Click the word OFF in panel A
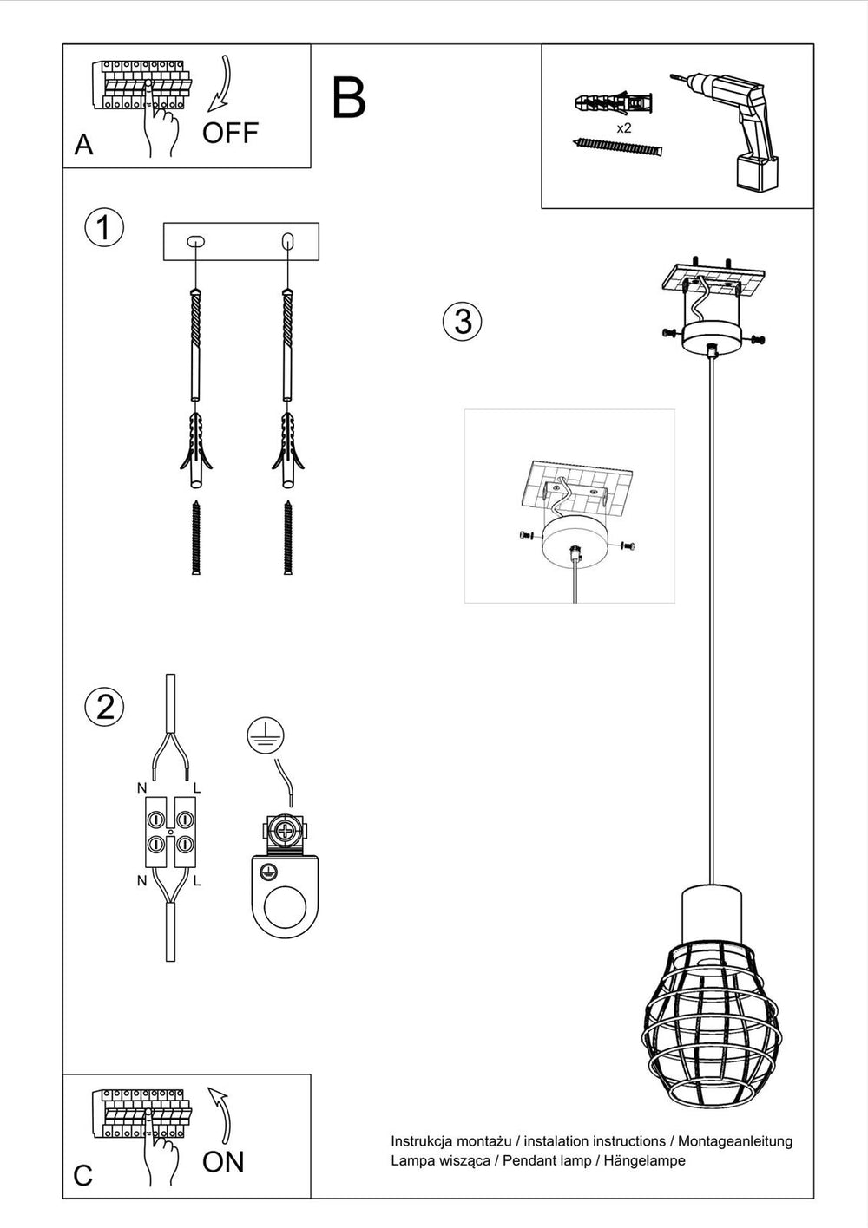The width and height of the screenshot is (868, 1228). pyautogui.click(x=230, y=133)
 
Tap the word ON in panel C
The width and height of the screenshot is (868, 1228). pyautogui.click(x=223, y=1162)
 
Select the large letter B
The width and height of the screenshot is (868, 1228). pyautogui.click(x=349, y=98)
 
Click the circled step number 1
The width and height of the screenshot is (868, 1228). pyautogui.click(x=104, y=227)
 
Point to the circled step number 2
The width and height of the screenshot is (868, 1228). pyautogui.click(x=104, y=707)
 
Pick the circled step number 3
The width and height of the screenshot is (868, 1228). pyautogui.click(x=463, y=321)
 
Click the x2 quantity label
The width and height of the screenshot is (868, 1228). pyautogui.click(x=624, y=128)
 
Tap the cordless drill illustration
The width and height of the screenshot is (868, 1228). pyautogui.click(x=726, y=132)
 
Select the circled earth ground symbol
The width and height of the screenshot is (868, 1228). pyautogui.click(x=266, y=735)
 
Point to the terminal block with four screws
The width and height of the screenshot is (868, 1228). pyautogui.click(x=170, y=833)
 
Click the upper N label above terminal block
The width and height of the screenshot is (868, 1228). pyautogui.click(x=142, y=788)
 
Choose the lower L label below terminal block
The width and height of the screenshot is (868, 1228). pyautogui.click(x=198, y=881)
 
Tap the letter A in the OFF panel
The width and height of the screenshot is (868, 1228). pyautogui.click(x=83, y=146)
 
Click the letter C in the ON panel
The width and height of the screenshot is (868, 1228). pyautogui.click(x=82, y=1176)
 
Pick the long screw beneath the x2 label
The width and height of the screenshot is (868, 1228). pyautogui.click(x=618, y=147)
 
